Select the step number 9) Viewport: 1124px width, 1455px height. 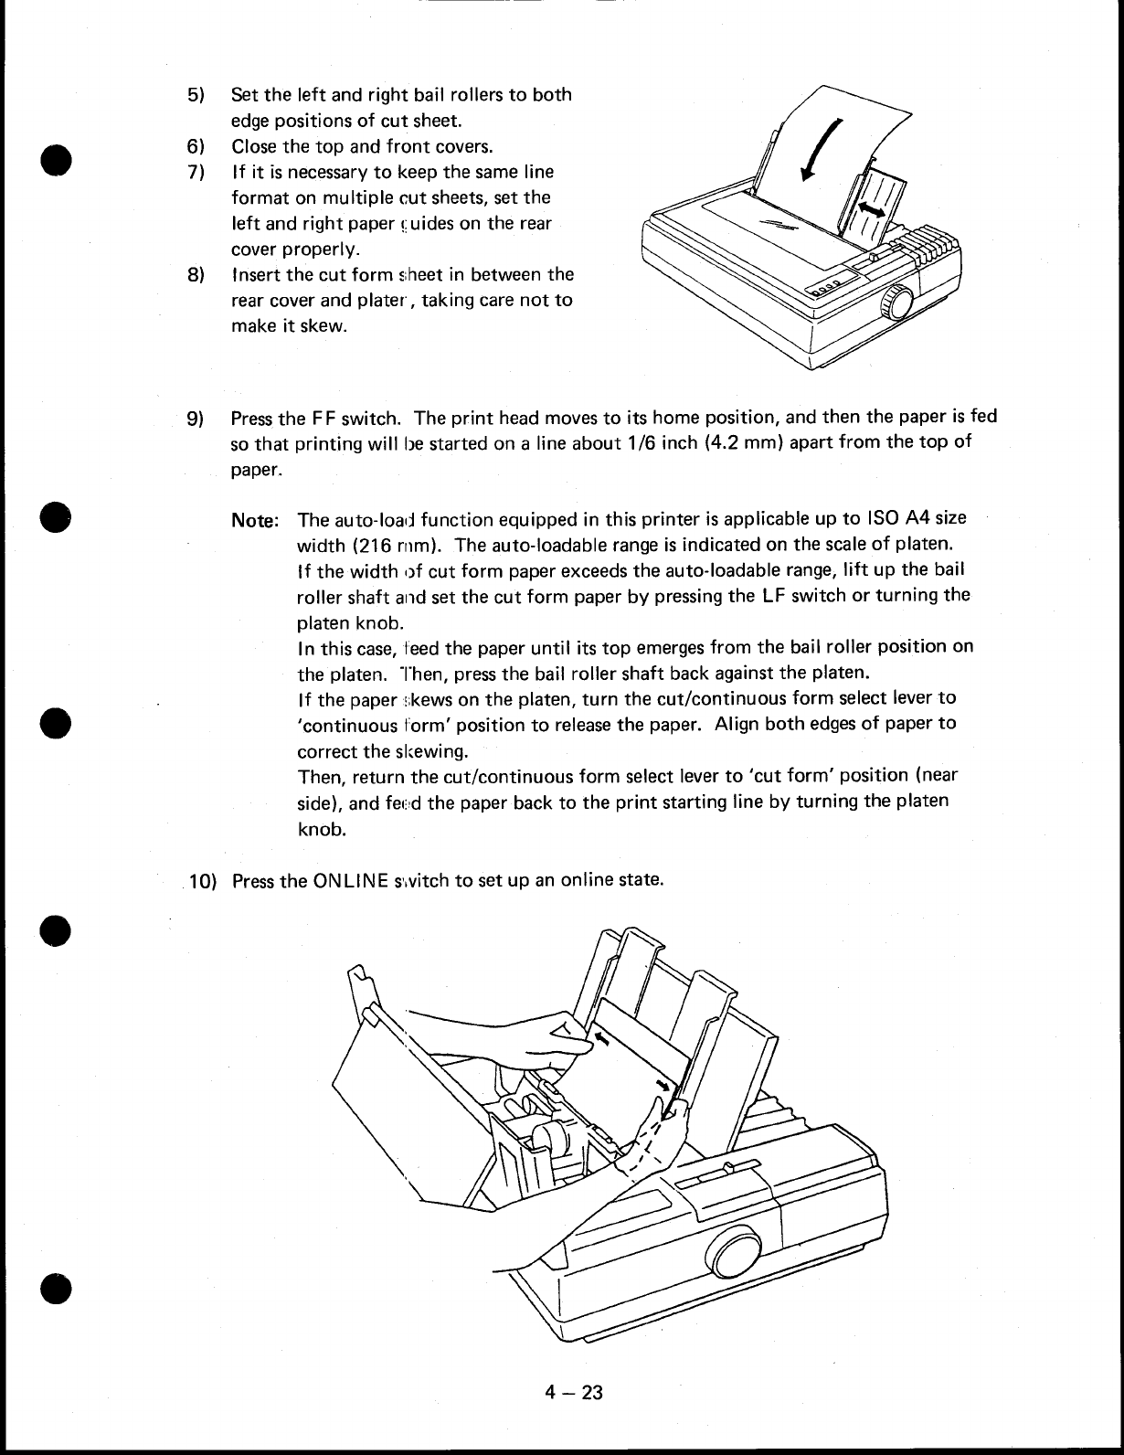196,420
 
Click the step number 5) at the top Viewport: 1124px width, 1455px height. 196,95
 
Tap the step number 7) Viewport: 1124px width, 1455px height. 196,172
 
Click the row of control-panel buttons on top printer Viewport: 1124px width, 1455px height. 822,288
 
